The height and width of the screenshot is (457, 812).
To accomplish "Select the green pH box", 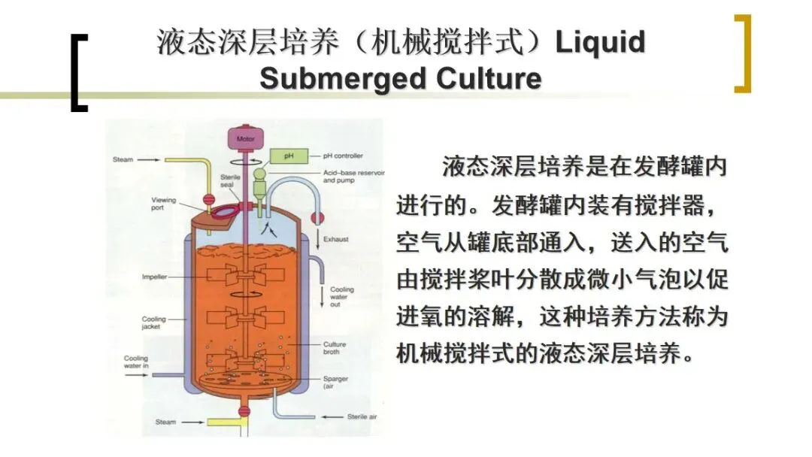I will tap(286, 156).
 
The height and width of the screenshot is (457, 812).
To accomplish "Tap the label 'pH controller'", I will tap(343, 156).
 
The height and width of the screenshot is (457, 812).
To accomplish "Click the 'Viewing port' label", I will tap(163, 204).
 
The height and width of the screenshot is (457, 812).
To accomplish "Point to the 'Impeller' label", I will tap(154, 277).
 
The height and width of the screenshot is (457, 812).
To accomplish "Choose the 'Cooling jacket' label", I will tap(154, 323).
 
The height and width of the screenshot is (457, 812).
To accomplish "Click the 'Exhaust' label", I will tap(336, 240).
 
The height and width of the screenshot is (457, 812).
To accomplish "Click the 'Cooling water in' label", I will tap(136, 362).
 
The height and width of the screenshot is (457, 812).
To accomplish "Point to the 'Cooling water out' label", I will tap(341, 297).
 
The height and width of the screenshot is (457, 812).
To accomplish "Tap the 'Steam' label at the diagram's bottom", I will tap(166, 422).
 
